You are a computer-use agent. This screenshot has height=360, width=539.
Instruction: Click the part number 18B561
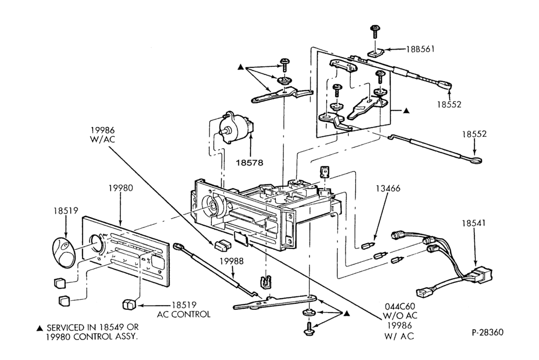420,49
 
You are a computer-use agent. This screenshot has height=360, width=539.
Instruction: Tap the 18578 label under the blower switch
249,162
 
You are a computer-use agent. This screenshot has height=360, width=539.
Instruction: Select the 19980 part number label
121,188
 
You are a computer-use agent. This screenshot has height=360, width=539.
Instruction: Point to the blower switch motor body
236,128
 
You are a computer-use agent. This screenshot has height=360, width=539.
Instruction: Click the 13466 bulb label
388,189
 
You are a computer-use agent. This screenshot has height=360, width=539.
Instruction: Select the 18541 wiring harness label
473,223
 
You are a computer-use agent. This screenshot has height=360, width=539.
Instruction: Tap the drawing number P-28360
487,332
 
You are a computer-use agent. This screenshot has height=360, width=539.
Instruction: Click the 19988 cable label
231,261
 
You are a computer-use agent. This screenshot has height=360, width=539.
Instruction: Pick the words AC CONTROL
184,314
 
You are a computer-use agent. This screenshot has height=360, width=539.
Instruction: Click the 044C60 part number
399,306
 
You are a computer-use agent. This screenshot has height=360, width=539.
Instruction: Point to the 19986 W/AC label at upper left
102,134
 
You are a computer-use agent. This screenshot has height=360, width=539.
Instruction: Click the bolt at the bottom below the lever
309,328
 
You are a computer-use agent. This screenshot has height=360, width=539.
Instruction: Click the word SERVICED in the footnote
67,328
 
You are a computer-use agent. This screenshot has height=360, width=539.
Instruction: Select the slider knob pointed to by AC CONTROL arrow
129,305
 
